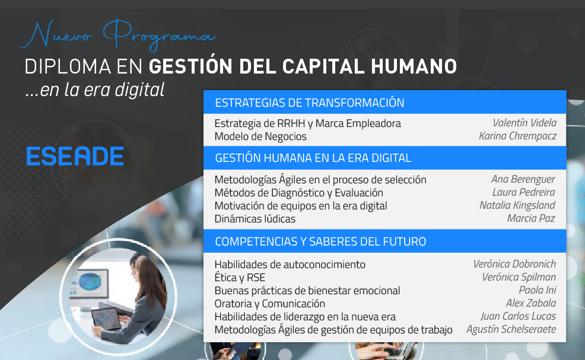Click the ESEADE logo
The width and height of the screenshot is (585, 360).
tap(75, 156)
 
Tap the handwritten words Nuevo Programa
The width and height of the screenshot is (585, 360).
tap(118, 35)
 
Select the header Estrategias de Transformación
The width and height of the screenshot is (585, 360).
tap(310, 103)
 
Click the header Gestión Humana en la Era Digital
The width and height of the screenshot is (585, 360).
tap(313, 158)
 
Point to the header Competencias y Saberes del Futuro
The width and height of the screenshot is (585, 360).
tap(320, 241)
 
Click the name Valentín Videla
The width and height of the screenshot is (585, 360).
tap(524, 123)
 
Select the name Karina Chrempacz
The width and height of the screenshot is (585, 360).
tap(518, 136)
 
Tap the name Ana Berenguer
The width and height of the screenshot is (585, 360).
tap(523, 179)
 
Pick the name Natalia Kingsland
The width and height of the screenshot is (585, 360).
tap(517, 205)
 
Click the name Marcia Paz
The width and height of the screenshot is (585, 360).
tap(531, 218)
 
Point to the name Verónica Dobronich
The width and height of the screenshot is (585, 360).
tap(514, 264)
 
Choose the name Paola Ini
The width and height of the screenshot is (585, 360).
tap(538, 290)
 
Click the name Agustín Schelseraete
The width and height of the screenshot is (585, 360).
tap(511, 329)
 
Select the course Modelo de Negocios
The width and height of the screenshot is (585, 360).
tap(260, 136)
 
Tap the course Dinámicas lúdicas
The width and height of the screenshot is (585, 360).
tap(255, 219)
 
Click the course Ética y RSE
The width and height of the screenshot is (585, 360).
tap(240, 278)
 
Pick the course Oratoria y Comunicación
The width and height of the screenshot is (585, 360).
tap(270, 304)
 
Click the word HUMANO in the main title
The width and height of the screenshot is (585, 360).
tap(414, 67)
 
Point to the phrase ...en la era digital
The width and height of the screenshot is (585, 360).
tap(95, 90)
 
